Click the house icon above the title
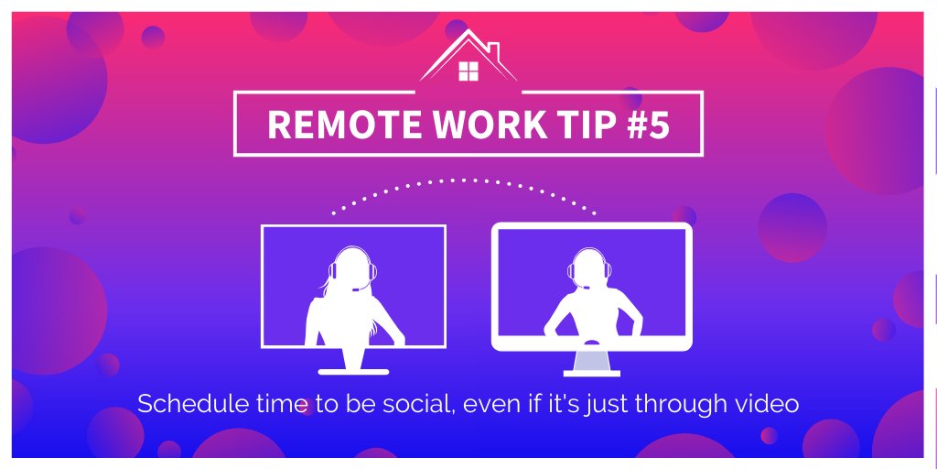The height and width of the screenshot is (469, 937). pos(468,57)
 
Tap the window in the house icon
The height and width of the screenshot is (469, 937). pos(468,71)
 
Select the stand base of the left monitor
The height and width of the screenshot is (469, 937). pos(353,370)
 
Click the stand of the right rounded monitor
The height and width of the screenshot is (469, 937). pos(591,362)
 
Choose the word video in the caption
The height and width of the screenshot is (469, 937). pos(769,404)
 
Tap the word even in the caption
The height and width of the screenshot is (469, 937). pos(492,404)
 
